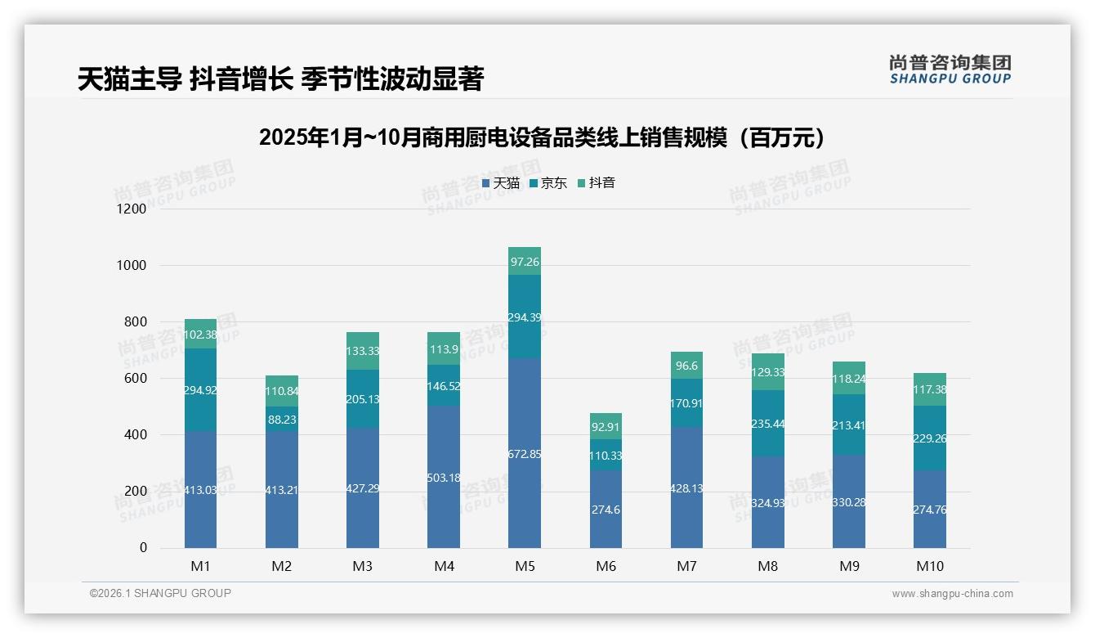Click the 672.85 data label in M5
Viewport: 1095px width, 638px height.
click(x=525, y=454)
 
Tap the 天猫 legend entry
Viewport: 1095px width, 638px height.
click(x=501, y=183)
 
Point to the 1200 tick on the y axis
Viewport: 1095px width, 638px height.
click(x=131, y=209)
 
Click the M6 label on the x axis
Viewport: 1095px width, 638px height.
click(x=606, y=566)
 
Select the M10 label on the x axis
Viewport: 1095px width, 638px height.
click(x=930, y=566)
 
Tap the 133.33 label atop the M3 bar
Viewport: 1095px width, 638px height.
click(x=363, y=351)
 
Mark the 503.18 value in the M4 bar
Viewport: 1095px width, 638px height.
click(x=444, y=478)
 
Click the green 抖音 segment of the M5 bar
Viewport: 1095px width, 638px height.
click(x=525, y=261)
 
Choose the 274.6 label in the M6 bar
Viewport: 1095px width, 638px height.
click(x=606, y=509)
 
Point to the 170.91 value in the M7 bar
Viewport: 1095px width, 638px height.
click(x=686, y=403)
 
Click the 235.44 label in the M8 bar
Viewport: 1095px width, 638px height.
click(x=768, y=424)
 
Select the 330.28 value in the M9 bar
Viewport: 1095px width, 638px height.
click(x=849, y=501)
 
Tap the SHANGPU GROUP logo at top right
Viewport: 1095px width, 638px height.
click(x=950, y=70)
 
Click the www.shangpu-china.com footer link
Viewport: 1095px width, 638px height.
click(x=952, y=594)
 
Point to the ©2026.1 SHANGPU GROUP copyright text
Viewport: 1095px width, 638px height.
click(x=160, y=593)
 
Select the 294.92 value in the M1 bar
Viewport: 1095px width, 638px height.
click(x=201, y=390)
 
